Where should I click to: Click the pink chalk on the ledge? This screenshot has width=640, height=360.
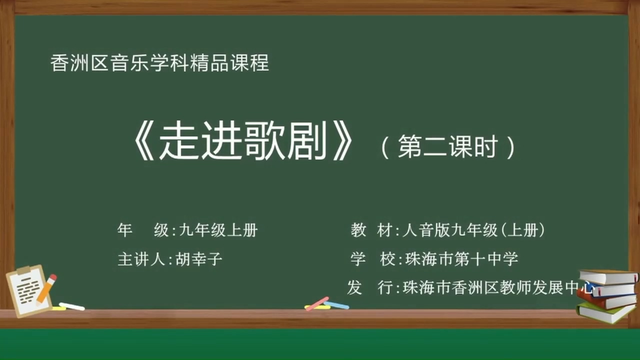tap(316, 303)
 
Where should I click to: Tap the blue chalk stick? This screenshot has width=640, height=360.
tap(336, 304)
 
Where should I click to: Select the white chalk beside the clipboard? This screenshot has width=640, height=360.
tap(72, 306)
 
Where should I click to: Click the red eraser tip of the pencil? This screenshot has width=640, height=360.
tap(53, 278)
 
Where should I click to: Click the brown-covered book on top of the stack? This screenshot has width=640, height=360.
tap(607, 276)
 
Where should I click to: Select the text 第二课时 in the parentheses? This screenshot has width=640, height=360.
tap(447, 147)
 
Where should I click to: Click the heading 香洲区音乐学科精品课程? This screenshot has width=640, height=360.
tap(160, 63)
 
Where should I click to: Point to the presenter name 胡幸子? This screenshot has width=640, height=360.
tap(198, 259)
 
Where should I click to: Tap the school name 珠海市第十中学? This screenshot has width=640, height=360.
tap(461, 259)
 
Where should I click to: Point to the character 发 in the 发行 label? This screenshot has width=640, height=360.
tap(354, 288)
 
